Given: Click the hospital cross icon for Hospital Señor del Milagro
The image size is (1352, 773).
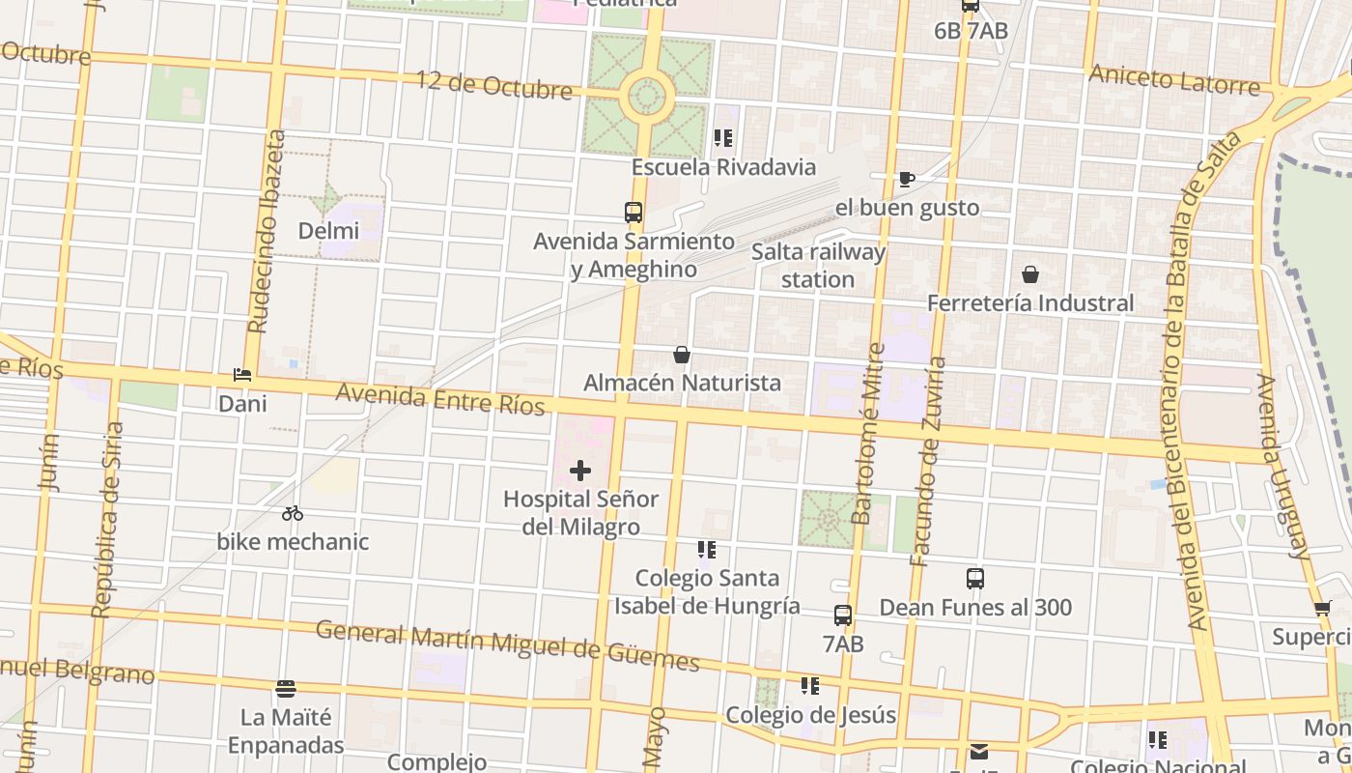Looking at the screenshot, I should tap(579, 471).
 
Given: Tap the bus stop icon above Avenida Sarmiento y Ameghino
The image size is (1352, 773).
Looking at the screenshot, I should tap(634, 212).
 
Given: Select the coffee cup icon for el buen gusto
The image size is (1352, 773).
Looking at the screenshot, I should tap(906, 179).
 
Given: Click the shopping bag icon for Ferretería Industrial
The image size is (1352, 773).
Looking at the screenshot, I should tap(1030, 274).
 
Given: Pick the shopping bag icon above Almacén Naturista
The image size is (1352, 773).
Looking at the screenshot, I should tap(682, 355).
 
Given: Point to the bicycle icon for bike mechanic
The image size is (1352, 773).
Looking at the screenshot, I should tap(293, 513).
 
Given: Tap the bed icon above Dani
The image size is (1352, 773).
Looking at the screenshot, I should tap(242, 375).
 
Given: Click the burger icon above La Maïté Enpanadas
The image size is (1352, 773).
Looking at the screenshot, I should tap(285, 689).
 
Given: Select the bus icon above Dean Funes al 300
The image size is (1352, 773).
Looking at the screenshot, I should tap(975, 579).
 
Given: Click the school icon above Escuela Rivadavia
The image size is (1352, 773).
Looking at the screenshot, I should tap(723, 138).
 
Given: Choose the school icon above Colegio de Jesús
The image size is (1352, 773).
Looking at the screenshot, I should tap(810, 686).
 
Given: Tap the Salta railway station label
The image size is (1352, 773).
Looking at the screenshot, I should tap(818, 266).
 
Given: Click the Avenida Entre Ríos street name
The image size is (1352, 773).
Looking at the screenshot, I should tap(440, 398).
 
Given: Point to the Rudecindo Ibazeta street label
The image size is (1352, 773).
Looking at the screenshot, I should tap(267, 232).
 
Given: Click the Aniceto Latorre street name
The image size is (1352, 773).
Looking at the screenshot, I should tap(1174, 80).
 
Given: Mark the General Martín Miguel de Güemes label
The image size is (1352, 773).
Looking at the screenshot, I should tap(508, 645).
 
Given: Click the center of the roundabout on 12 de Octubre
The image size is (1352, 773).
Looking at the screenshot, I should tap(647, 96).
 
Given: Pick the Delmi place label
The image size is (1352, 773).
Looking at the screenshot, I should tap(328, 231).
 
